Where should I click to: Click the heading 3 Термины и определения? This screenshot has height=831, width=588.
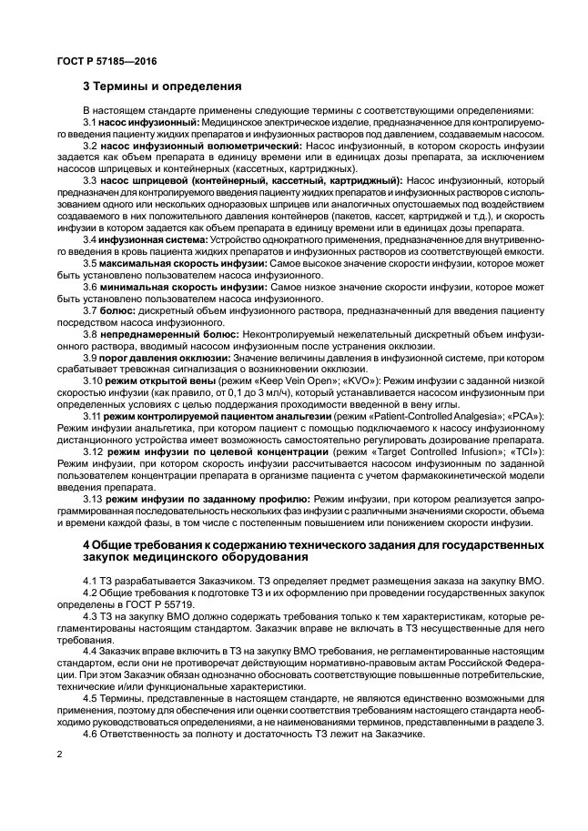162,87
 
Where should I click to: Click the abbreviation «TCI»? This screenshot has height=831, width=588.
529,452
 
